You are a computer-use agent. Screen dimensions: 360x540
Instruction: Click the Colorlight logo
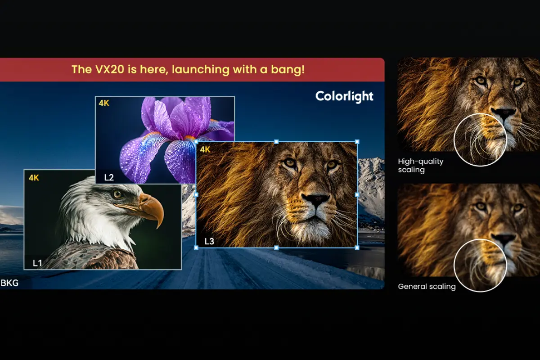pos(344,96)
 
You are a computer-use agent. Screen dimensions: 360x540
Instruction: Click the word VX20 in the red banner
pos(108,70)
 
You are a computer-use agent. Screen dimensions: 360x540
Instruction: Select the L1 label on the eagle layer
pos(38,262)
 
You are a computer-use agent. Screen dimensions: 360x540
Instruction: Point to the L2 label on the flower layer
pos(109,177)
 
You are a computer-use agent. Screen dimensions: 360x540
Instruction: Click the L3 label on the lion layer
pos(209,242)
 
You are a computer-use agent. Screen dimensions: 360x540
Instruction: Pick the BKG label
pos(9,283)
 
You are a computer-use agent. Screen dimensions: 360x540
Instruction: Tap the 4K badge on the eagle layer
pos(34,178)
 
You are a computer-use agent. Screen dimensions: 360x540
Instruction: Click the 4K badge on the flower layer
pos(104,103)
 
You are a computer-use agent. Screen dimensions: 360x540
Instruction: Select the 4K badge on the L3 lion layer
pos(205,149)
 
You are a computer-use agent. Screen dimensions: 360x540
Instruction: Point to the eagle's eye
pos(118,194)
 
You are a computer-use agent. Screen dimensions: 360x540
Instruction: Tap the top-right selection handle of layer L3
pos(357,142)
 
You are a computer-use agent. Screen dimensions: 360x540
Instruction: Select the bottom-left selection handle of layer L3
pos(196,247)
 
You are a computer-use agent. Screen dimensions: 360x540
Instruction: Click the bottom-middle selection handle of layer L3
pos(276,247)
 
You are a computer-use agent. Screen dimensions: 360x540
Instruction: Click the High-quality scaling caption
pos(421,166)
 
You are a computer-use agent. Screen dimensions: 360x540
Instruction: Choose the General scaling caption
pos(427,287)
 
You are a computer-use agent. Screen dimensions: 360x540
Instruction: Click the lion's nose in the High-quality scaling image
pos(503,113)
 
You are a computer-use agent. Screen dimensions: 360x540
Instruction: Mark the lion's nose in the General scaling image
pos(504,238)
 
